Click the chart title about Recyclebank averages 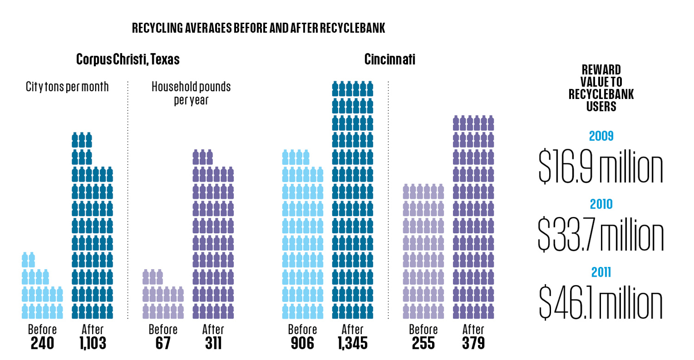tap(258, 29)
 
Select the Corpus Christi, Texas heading tap(128, 60)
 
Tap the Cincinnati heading tap(390, 60)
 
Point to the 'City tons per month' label tap(68, 87)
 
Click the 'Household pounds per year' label tap(191, 93)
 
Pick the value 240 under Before tap(42, 343)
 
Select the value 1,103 tap(93, 343)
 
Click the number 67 tap(162, 343)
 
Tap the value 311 tap(213, 343)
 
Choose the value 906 tap(302, 343)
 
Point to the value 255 tap(423, 343)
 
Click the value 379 tap(473, 343)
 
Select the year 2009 tap(601, 137)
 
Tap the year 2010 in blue tap(601, 204)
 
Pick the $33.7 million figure tap(601, 235)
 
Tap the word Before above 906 tap(302, 329)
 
